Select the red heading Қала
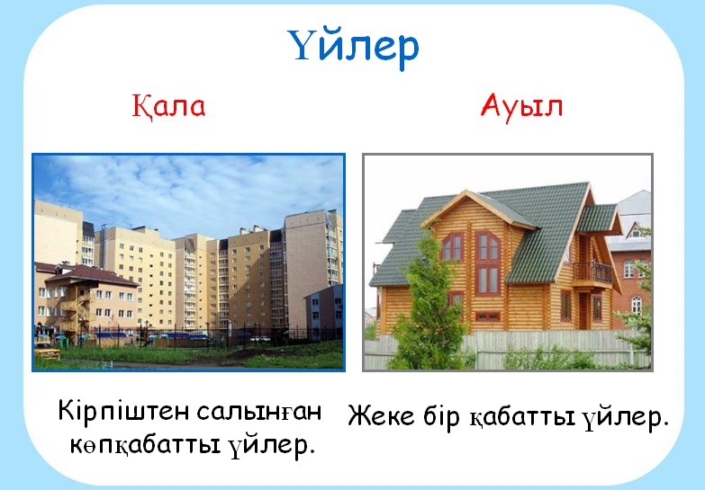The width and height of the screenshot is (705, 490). (168, 106)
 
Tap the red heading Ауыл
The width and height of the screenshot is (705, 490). (521, 107)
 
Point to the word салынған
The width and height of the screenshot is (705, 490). (259, 412)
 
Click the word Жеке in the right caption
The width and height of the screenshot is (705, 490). (381, 415)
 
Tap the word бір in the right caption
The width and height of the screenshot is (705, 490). (441, 417)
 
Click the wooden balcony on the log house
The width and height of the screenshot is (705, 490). (592, 272)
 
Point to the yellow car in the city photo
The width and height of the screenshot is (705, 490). (47, 351)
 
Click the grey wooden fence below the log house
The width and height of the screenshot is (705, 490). (507, 351)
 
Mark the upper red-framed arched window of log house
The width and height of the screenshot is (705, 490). (488, 246)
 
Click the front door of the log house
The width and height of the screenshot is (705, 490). (583, 311)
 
